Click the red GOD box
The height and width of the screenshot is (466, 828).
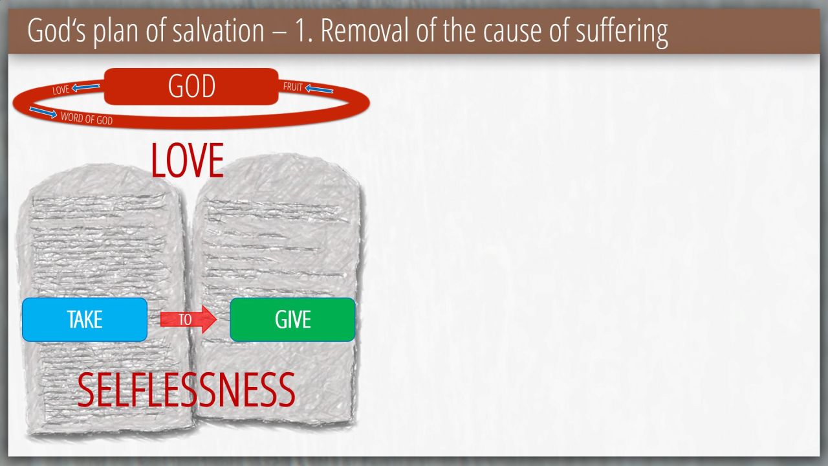(191, 86)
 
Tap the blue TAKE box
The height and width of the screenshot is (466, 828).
(85, 320)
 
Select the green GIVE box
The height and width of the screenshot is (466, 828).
(292, 320)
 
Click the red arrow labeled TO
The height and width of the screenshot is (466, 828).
(188, 319)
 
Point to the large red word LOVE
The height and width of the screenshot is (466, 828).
(188, 161)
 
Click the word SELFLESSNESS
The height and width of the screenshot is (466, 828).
(186, 390)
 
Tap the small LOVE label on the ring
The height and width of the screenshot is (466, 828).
(61, 90)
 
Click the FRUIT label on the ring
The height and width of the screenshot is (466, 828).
(293, 87)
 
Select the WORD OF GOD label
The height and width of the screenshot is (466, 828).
(87, 118)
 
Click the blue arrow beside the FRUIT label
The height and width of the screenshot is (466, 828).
(319, 89)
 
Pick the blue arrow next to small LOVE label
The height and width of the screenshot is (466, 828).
(85, 87)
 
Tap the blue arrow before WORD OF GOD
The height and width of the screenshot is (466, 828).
(43, 112)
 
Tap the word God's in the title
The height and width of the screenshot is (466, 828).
(56, 30)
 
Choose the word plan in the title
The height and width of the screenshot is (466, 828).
(116, 32)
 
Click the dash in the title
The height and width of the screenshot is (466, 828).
(280, 32)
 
